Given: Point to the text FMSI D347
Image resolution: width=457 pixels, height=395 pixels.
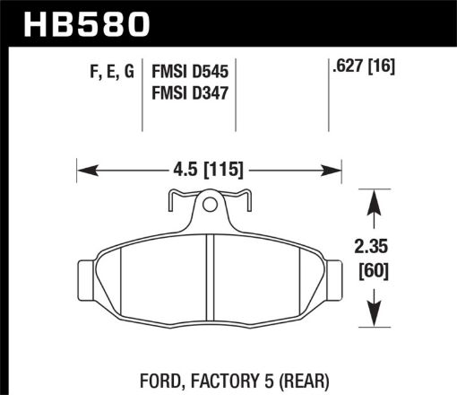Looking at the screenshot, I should point(185,92).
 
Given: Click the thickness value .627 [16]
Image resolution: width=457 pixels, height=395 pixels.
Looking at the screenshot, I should point(363,66).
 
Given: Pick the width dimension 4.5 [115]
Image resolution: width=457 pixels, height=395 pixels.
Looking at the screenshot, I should point(208,168).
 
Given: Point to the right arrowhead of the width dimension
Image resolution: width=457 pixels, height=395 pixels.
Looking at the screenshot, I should point(338,168).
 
